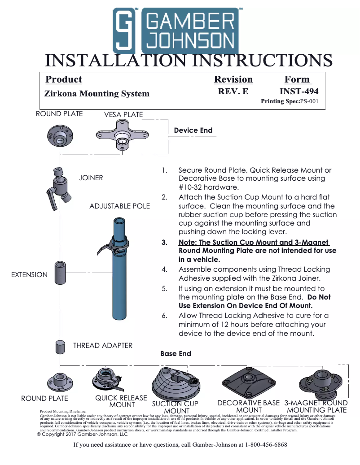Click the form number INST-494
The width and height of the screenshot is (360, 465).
click(x=299, y=91)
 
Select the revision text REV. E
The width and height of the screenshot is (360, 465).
click(x=233, y=91)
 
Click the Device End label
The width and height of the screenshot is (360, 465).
click(x=193, y=130)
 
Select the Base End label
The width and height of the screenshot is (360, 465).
click(x=176, y=354)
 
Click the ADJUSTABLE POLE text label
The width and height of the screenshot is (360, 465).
click(x=119, y=206)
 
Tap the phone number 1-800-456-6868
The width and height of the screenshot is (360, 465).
click(x=266, y=445)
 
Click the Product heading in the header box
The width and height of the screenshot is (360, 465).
click(x=64, y=79)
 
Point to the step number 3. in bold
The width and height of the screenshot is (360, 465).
click(x=164, y=243)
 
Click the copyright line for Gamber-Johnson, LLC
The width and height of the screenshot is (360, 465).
click(x=82, y=434)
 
